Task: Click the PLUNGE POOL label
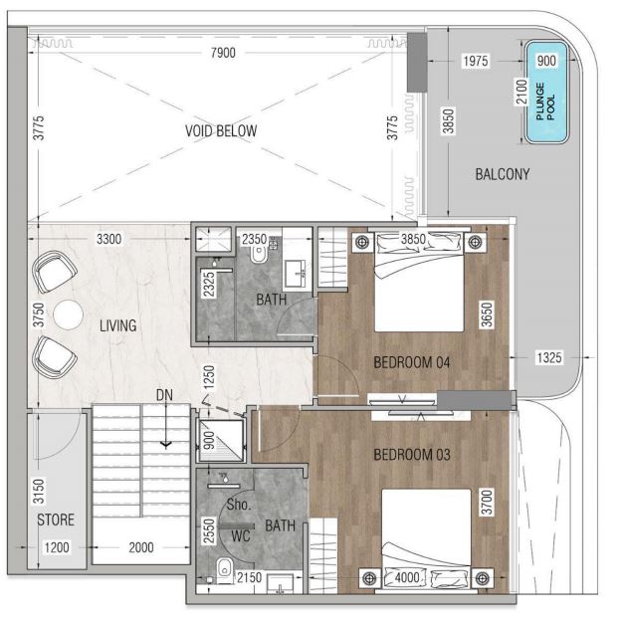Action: coord(545,102)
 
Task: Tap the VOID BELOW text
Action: coord(221,130)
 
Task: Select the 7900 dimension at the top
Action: coord(223,53)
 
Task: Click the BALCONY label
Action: coord(503,174)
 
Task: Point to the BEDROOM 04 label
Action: coord(412,362)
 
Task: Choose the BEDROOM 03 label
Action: coord(412,455)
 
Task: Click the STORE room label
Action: coord(56,520)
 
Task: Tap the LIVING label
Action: coord(118,325)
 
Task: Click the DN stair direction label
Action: coord(164,395)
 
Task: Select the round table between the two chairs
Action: coord(68,314)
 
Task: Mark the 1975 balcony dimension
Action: coord(476,61)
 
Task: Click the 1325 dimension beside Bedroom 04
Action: coord(549,357)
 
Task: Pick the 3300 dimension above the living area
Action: coord(109,239)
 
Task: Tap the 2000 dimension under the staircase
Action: coord(141,547)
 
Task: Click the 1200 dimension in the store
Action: coord(57,547)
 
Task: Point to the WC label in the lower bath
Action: coord(241,536)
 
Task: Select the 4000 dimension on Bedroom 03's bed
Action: coord(407,577)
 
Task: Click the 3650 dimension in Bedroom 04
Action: coord(487,314)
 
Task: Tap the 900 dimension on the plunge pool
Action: coord(546,61)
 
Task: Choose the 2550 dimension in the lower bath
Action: coord(209,530)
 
